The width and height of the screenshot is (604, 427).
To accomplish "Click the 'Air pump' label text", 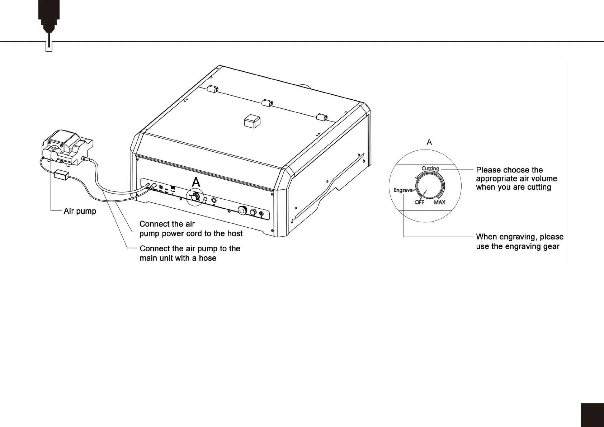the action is (80, 211).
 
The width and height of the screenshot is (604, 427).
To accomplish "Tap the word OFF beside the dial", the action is (419, 202).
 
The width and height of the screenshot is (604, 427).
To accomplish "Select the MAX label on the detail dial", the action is (439, 202).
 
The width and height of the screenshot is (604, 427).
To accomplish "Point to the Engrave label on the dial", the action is (403, 190).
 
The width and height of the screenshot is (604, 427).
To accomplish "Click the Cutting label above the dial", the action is (430, 169).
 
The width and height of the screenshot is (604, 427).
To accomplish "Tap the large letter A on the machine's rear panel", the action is (196, 182).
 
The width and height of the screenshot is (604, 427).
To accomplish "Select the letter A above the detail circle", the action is (429, 142).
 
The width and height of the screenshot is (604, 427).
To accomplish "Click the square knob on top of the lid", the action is (252, 121).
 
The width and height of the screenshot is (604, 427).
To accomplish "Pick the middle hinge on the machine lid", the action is (267, 104).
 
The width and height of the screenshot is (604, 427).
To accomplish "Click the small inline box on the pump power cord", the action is (61, 176).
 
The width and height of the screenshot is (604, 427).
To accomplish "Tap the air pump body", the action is (66, 147).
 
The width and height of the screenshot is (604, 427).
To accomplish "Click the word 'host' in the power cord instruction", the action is (235, 234).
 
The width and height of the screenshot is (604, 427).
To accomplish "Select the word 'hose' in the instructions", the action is (208, 258).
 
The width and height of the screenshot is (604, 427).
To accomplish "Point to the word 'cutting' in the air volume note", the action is (539, 187).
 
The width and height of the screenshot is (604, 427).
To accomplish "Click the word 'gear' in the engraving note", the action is (551, 246).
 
